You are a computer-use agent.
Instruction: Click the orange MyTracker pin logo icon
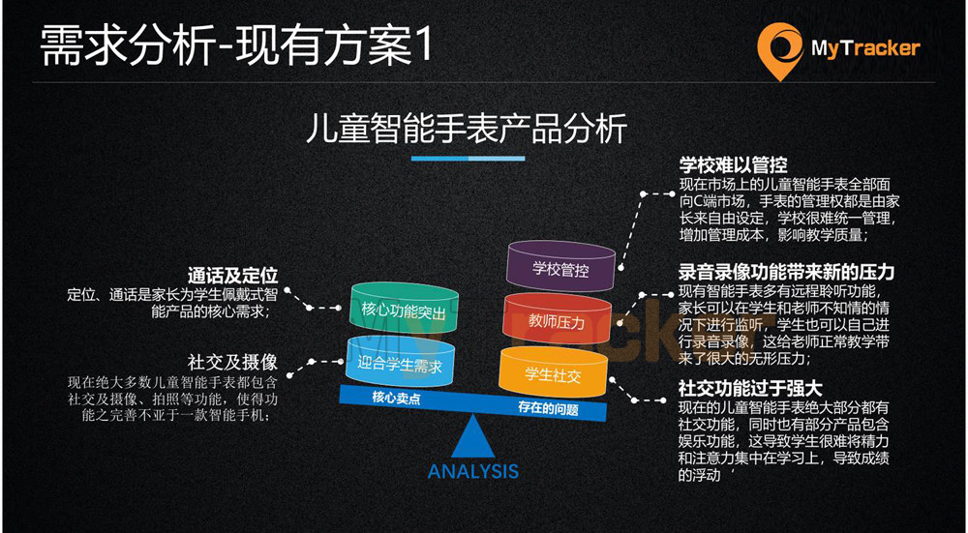click(780, 50)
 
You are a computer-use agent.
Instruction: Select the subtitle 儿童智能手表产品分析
click(468, 129)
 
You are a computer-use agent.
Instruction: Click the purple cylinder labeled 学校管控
click(560, 268)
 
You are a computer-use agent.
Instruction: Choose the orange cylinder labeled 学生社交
click(553, 372)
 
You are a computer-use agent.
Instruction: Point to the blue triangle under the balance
click(473, 437)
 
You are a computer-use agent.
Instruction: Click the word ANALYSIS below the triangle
click(473, 472)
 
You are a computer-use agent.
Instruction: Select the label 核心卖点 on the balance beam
click(396, 399)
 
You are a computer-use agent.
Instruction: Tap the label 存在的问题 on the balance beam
click(548, 408)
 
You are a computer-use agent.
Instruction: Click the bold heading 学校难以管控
click(733, 164)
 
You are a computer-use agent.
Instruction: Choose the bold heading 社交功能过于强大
click(751, 388)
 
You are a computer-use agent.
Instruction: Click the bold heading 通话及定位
click(232, 275)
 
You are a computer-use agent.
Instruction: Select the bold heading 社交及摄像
click(232, 361)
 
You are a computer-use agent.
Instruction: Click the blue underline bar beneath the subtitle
click(468, 159)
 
